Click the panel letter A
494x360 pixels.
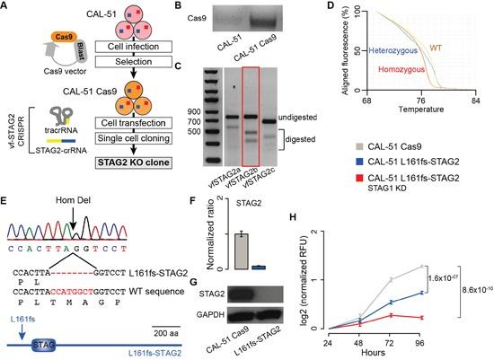click(7, 8)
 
